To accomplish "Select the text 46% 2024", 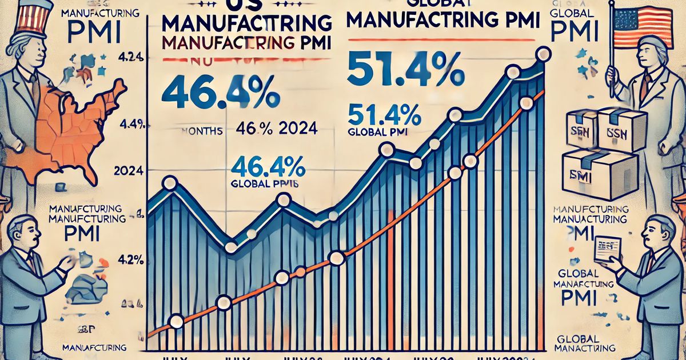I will click(x=276, y=130).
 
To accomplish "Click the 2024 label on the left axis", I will click(x=129, y=171).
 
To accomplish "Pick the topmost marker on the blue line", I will click(x=544, y=54).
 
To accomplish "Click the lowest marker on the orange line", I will click(x=176, y=322).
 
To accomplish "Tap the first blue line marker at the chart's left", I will click(x=169, y=183).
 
